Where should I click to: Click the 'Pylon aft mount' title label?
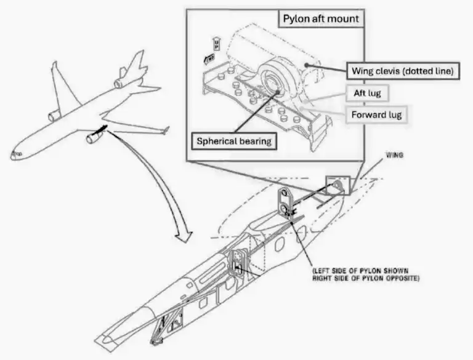pos(320,18)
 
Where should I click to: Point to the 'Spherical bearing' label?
pos(234,141)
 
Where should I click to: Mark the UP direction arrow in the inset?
pos(216,42)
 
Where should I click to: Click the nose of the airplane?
pos(14,155)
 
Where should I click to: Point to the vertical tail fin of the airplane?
pos(135,62)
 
